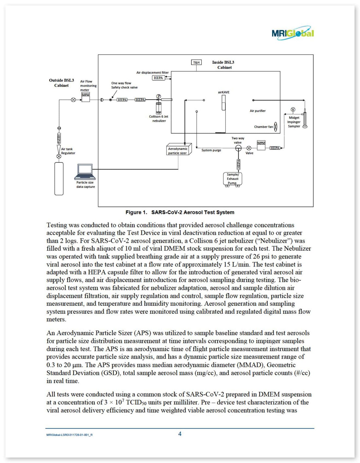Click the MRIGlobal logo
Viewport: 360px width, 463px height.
[x=293, y=33]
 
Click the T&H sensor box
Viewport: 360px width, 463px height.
[x=196, y=63]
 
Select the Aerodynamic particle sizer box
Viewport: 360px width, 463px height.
[x=179, y=149]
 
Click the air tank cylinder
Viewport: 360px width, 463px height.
[x=59, y=179]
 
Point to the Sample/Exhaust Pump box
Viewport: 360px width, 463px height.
[x=233, y=179]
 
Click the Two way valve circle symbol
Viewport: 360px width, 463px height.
[x=238, y=148]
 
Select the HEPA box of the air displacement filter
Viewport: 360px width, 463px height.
[x=158, y=78]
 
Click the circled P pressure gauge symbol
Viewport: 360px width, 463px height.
[x=158, y=96]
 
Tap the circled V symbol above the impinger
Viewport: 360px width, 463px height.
[x=293, y=109]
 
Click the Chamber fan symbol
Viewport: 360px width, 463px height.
[x=276, y=127]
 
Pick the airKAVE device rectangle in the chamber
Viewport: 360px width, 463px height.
[x=224, y=103]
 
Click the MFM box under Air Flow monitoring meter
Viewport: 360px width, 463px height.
[x=86, y=97]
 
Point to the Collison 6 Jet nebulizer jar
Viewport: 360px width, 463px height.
[x=158, y=108]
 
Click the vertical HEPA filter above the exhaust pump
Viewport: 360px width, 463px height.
[x=239, y=164]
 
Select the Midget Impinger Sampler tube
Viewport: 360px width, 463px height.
[x=305, y=118]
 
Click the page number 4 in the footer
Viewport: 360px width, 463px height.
[x=180, y=434]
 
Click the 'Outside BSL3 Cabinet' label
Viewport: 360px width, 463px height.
[x=61, y=83]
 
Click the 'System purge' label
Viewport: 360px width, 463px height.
[x=211, y=150]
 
